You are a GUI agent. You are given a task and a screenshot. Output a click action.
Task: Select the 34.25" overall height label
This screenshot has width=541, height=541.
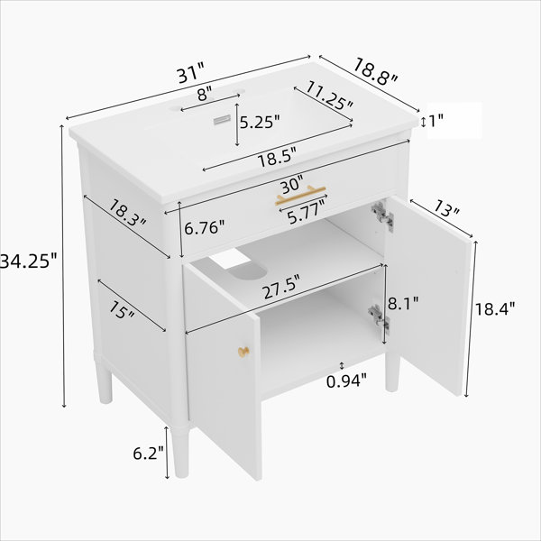click(28, 261)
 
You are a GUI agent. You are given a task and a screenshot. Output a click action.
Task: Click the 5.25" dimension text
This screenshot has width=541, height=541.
click(260, 122)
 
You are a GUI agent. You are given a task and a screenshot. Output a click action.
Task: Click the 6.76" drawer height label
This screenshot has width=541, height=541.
click(205, 228)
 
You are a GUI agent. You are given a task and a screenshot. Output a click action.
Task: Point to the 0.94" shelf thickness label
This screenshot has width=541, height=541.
click(346, 381)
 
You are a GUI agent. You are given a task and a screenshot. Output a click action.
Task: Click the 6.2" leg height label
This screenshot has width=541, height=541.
click(149, 453)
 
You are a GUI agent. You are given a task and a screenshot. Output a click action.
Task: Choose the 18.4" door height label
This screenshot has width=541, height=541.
click(495, 308)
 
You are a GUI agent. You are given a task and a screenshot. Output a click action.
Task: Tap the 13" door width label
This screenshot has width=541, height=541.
click(446, 208)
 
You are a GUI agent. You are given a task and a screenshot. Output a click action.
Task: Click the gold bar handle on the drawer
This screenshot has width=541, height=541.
click(300, 195)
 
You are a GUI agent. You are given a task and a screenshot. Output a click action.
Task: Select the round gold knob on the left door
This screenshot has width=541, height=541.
click(243, 352)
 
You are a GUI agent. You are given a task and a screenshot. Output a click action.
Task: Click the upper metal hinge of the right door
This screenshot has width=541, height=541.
click(382, 215)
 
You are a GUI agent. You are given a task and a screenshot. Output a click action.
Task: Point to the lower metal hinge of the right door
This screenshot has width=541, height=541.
click(380, 316)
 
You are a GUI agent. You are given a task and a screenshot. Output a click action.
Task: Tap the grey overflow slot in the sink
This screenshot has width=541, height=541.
click(222, 120)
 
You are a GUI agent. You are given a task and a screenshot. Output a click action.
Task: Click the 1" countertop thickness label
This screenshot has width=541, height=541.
click(436, 121)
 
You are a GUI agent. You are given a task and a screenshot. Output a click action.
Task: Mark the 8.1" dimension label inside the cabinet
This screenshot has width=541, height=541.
click(403, 303)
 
